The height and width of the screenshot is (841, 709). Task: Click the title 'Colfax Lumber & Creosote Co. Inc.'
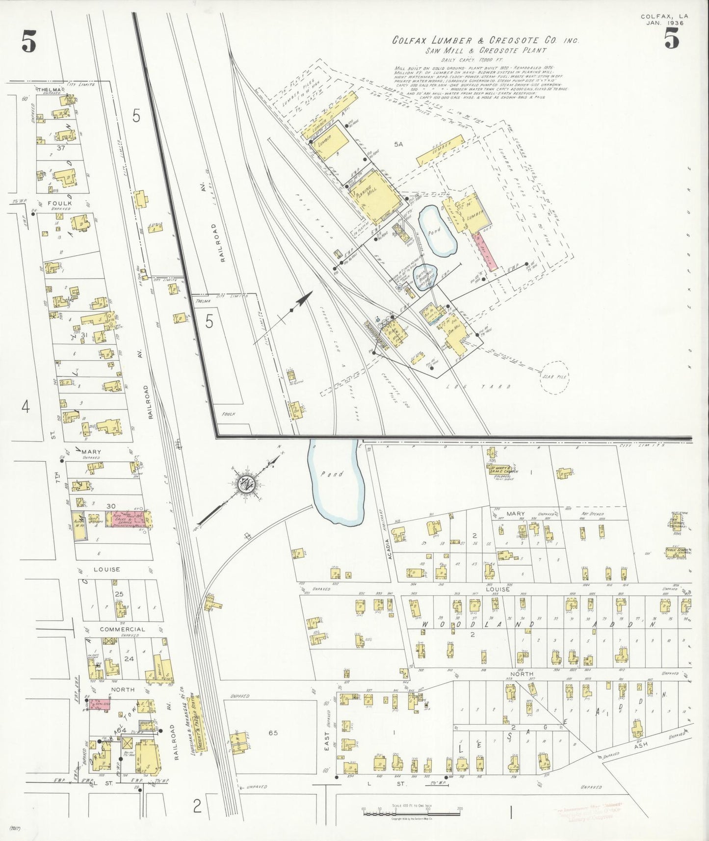(x=485, y=41)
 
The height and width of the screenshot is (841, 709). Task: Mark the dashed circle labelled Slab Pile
(x=554, y=377)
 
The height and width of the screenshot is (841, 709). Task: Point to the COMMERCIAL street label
(x=122, y=629)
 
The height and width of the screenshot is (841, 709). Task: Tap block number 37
(x=61, y=147)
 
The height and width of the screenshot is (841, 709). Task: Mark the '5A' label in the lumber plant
(x=397, y=144)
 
